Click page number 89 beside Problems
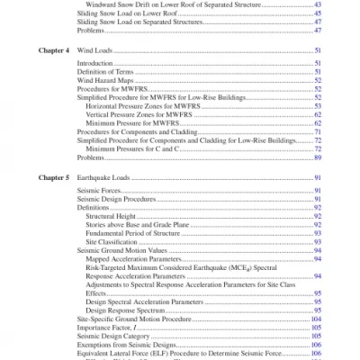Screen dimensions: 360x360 [318, 157]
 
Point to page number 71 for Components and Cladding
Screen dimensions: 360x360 [318, 130]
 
